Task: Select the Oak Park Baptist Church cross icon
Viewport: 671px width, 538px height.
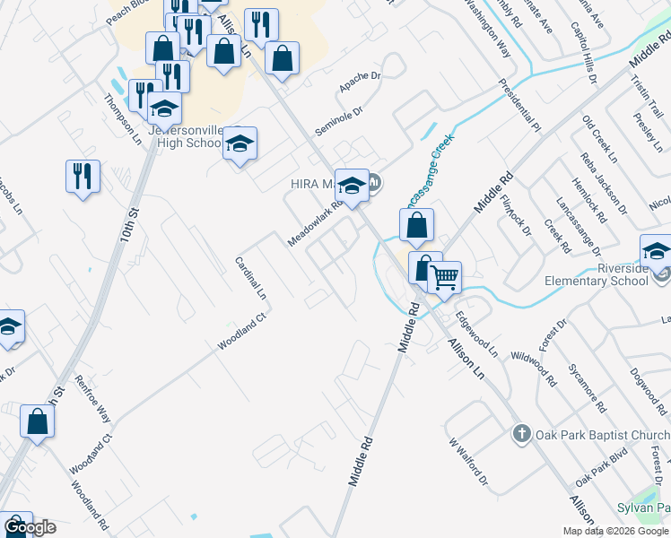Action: [520, 435]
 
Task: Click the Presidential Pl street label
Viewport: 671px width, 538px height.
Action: [520, 104]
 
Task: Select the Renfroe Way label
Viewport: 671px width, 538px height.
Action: [92, 400]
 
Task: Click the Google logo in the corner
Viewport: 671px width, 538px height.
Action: [30, 527]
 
